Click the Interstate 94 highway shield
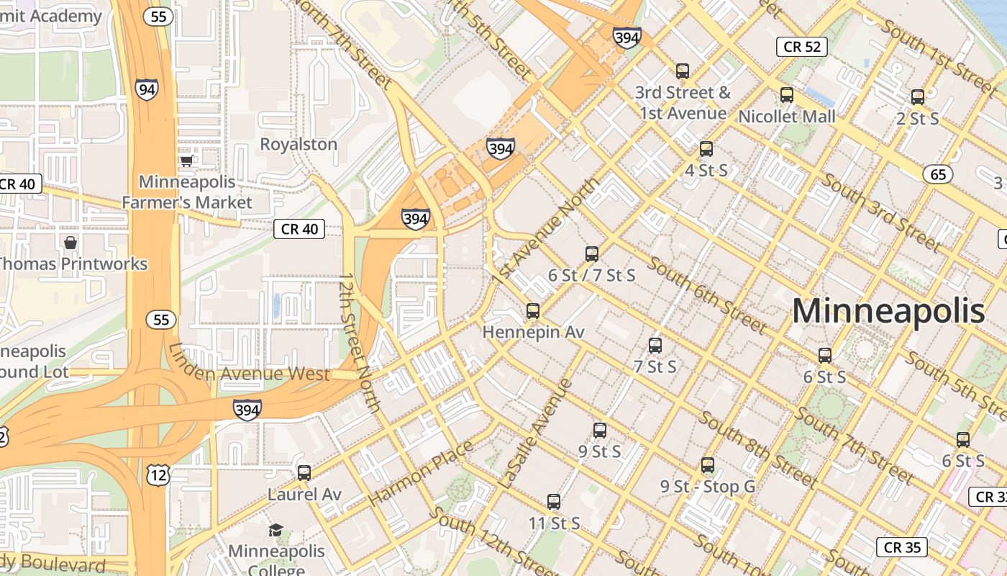pos(146,89)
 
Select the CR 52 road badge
pos(801,47)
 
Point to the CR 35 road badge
pos(902,547)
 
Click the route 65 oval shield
pos(938,174)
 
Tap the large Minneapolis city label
pos(888,311)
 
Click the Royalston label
pos(299,144)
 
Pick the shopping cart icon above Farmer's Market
pos(187,161)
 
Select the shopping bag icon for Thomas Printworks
pos(70,243)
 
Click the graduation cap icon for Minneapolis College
pos(275,531)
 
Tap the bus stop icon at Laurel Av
pos(304,473)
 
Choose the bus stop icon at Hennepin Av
pos(533,311)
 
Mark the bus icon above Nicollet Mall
pos(787,95)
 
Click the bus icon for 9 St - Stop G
pos(708,465)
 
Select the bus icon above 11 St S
pos(554,502)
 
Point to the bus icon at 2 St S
pos(918,97)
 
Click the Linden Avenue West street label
pos(249,364)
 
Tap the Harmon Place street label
pos(421,472)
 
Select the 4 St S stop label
pos(706,171)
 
